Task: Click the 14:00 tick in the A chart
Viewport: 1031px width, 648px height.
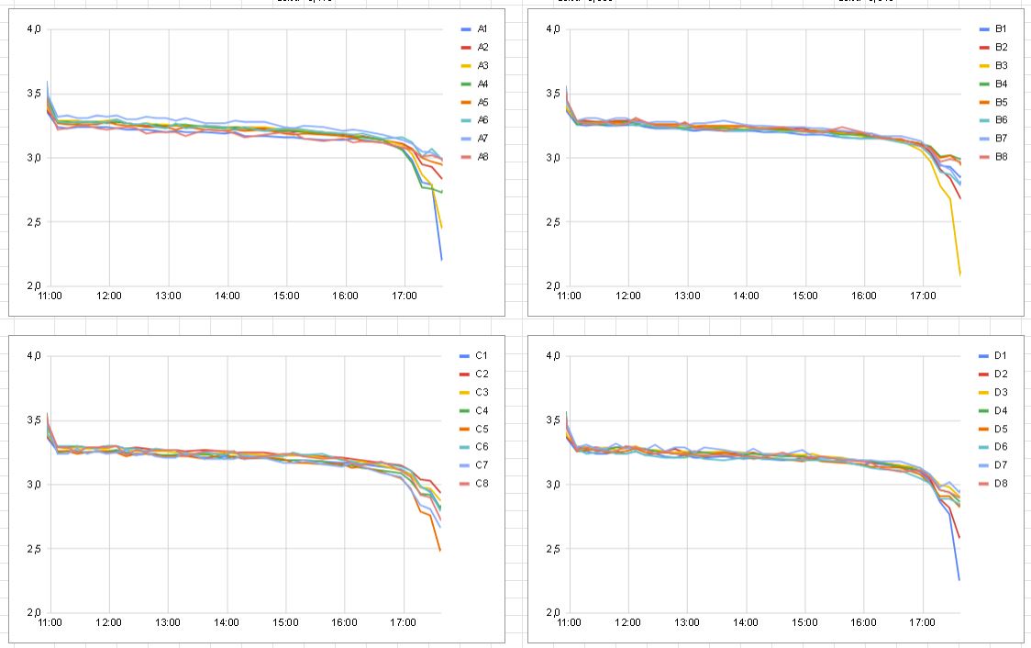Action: coord(227,296)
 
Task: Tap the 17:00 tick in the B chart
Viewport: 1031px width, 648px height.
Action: coord(923,296)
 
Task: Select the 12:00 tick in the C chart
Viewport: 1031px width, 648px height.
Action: coord(109,622)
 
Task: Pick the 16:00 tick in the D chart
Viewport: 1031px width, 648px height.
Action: coord(864,622)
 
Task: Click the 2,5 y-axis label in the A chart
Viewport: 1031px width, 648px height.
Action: coord(33,222)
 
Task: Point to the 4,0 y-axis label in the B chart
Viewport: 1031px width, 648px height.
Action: coord(552,29)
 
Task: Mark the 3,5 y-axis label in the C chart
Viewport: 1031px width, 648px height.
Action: coord(33,420)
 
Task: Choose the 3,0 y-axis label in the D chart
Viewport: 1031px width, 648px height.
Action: coord(552,485)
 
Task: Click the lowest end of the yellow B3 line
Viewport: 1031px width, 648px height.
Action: coord(960,274)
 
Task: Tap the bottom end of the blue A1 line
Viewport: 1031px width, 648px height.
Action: coord(441,260)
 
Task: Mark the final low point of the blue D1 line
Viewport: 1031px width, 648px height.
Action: coord(959,579)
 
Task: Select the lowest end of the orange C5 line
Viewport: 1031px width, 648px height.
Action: coord(440,550)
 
